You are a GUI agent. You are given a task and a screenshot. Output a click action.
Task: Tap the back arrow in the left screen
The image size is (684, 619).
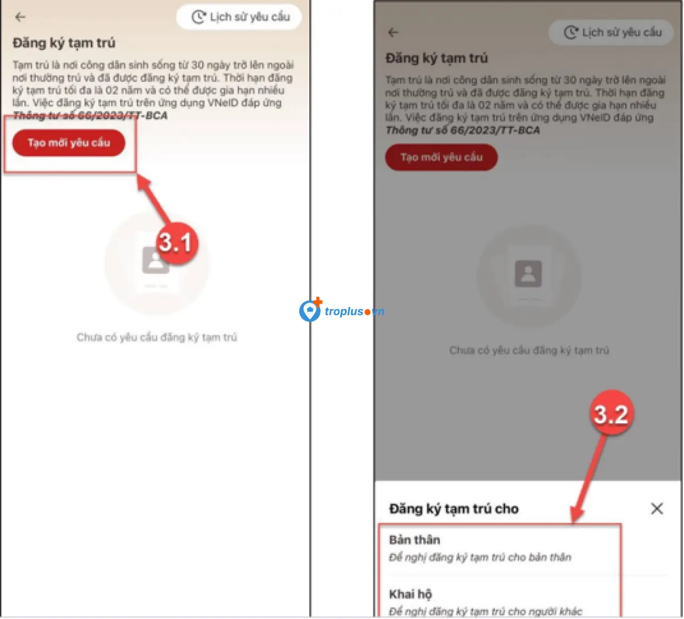click(x=20, y=17)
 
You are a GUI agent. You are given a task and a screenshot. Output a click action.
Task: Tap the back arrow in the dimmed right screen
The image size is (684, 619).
click(x=393, y=33)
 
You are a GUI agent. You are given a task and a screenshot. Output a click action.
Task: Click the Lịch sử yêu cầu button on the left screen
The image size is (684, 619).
click(x=239, y=17)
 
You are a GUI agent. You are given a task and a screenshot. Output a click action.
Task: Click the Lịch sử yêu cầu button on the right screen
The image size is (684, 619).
click(x=611, y=33)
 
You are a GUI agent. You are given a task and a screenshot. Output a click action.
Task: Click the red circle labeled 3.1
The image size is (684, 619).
click(x=177, y=243)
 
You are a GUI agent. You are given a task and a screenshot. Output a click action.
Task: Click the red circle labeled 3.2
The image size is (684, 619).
click(x=611, y=414)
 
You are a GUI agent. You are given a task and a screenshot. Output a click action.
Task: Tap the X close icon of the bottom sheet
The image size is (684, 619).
click(x=657, y=508)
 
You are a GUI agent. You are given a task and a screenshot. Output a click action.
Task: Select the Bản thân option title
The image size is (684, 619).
click(x=415, y=540)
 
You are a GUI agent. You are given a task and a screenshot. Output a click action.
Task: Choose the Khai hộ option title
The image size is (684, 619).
click(x=410, y=594)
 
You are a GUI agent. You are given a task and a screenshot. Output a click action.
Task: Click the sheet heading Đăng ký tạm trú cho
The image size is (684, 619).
click(x=454, y=509)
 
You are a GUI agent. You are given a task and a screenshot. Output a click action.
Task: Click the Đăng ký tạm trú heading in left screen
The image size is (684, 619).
click(x=64, y=43)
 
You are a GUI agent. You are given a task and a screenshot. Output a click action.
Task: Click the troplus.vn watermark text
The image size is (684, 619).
click(x=355, y=311)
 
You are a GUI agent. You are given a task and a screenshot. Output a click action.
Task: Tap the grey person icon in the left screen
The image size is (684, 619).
click(x=155, y=261)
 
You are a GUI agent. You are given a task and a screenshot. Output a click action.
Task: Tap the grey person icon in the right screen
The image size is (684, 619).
click(x=528, y=274)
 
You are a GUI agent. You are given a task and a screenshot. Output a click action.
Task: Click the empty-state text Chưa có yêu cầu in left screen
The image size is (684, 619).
click(x=157, y=337)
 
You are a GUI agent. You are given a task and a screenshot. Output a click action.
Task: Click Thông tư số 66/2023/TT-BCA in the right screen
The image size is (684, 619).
click(x=463, y=130)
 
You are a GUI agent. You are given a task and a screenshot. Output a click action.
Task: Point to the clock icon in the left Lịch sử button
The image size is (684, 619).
click(x=199, y=17)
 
